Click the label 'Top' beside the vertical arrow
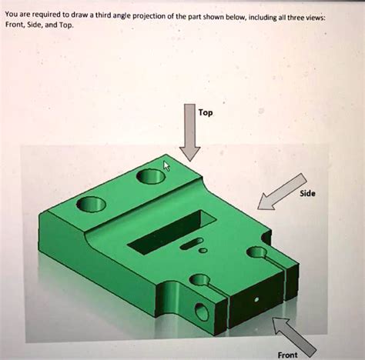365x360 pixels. pos(206,112)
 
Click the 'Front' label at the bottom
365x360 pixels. pos(288,355)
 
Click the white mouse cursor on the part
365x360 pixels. pos(166,165)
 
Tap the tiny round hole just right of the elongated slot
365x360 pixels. pos(203,249)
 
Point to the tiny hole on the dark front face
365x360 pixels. pos(256,294)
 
